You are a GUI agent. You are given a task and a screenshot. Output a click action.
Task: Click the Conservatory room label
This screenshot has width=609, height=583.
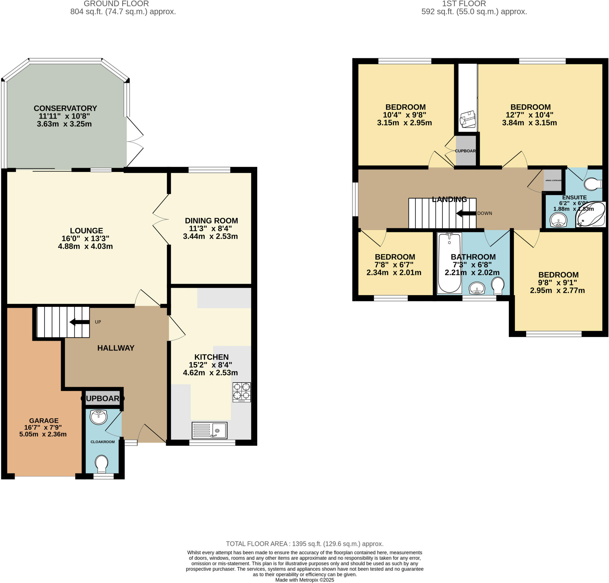[65, 108]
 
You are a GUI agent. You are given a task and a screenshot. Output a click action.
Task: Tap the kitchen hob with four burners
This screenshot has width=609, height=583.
[241, 392]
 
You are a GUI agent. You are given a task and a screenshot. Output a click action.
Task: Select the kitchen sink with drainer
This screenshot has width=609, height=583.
[209, 430]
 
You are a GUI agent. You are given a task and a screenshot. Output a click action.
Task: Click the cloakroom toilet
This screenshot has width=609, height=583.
[101, 464]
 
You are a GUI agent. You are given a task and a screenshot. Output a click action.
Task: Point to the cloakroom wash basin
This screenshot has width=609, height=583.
[98, 417]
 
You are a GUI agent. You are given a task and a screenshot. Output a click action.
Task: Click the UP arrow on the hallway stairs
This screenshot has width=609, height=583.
[79, 322]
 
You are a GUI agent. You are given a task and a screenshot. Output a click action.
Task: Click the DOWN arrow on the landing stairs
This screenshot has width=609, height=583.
[466, 213]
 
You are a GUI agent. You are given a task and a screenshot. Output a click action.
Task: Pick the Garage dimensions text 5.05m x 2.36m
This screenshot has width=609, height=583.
[43, 434]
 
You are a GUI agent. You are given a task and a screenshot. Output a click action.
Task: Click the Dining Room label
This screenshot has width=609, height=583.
[211, 221]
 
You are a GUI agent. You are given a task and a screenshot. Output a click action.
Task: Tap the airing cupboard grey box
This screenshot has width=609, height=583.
[553, 180]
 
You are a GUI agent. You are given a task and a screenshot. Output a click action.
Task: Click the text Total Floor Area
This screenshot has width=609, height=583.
[258, 543]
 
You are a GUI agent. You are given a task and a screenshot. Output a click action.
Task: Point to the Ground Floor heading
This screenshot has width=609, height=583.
[116, 4]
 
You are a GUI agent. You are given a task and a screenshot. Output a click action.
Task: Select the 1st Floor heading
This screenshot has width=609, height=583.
[464, 4]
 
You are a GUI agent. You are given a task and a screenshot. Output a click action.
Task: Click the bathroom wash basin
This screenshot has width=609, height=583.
[477, 289]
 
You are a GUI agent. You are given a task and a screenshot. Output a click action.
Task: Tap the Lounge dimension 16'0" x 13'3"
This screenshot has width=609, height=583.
[85, 238]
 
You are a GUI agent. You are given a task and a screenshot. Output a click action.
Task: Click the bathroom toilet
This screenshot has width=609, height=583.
[498, 285]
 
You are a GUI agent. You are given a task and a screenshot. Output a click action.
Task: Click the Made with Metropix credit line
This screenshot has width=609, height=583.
[304, 580]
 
